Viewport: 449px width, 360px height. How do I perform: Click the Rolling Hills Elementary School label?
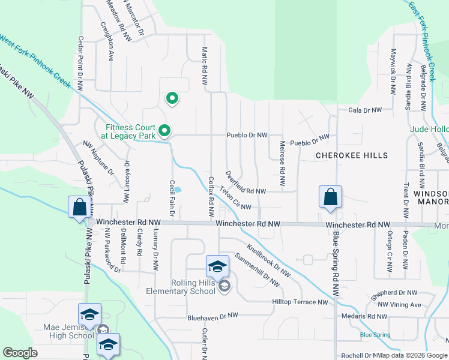181,286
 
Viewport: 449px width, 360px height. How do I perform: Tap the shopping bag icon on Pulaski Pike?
80,208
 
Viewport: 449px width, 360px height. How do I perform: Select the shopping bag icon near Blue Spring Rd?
330,197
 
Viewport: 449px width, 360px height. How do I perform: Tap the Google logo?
20,352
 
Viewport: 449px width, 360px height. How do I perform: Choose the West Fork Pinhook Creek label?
35,61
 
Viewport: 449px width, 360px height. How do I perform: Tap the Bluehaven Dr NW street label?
212,315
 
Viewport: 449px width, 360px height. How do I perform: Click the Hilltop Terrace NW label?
300,302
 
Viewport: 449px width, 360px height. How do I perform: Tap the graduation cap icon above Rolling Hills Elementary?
217,265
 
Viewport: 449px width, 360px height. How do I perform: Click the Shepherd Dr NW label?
394,293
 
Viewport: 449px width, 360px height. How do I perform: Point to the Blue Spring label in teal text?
375,334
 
